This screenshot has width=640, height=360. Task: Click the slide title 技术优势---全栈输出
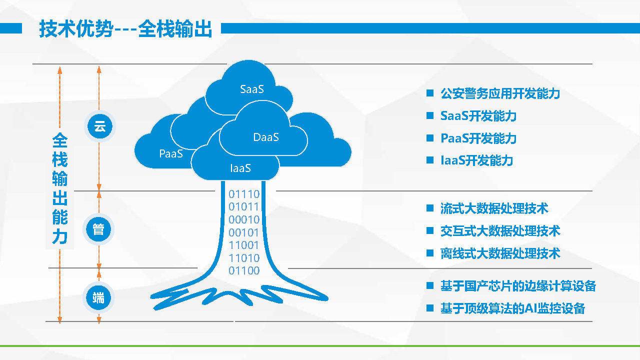(x=125, y=29)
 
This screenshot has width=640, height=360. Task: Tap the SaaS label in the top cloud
(x=252, y=89)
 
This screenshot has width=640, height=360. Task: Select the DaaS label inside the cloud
(x=266, y=137)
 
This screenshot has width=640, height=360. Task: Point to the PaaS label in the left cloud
(x=171, y=153)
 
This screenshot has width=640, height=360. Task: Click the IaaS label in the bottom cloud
(x=240, y=168)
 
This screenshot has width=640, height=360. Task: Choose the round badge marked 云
(x=99, y=126)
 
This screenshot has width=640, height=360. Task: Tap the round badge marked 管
(x=98, y=229)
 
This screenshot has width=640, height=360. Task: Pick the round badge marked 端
(x=98, y=298)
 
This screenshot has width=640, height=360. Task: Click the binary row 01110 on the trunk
(x=244, y=194)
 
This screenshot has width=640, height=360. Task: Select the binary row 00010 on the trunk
(x=244, y=219)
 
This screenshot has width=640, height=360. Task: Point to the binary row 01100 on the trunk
(x=244, y=270)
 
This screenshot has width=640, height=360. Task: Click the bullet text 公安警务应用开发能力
(x=500, y=93)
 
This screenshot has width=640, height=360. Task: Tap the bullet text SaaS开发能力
(x=478, y=115)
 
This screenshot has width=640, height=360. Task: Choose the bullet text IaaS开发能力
(x=476, y=160)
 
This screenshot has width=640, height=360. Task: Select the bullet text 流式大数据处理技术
(x=494, y=208)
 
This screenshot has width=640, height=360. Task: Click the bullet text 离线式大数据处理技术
(x=500, y=253)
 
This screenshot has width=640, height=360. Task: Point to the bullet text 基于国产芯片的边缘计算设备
(x=518, y=286)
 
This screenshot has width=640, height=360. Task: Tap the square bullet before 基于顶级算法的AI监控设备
(x=429, y=308)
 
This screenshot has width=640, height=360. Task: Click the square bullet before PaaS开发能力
(x=429, y=138)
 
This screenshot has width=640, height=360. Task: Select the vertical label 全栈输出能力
(x=59, y=188)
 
